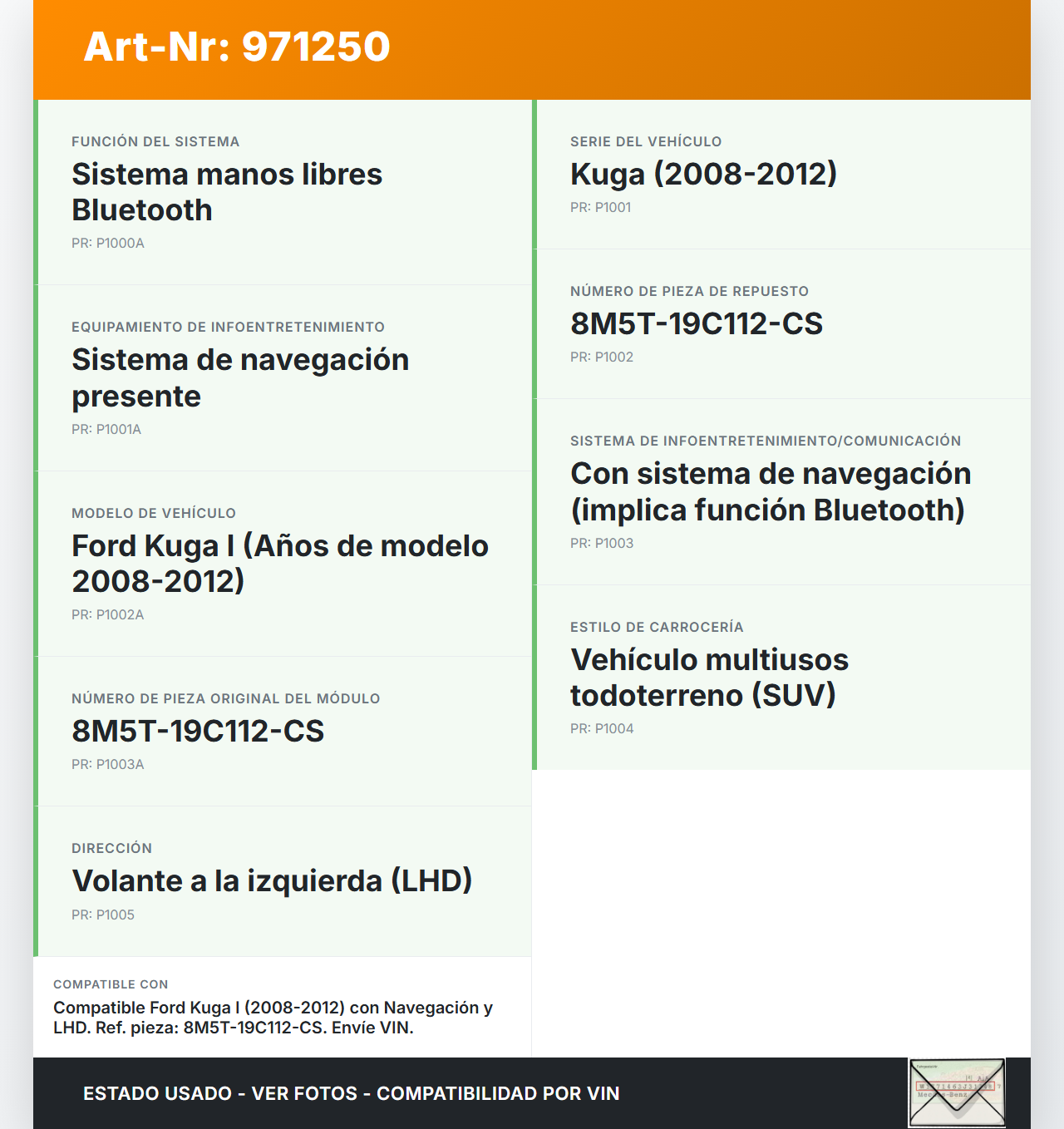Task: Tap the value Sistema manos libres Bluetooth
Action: [226, 192]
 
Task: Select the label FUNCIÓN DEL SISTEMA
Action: [155, 142]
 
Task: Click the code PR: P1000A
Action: [108, 244]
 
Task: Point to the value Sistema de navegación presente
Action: [240, 378]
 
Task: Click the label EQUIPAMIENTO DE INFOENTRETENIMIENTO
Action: [228, 328]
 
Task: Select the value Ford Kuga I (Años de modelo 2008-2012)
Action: [279, 564]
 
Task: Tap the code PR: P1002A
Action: [108, 615]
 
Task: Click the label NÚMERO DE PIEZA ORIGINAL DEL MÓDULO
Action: [225, 699]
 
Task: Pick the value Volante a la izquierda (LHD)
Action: [272, 881]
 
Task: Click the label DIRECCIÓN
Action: [111, 849]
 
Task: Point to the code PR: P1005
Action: [103, 915]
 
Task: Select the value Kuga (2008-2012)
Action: [703, 175]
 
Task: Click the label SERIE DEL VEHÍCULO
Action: [646, 142]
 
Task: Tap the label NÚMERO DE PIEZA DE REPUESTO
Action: [689, 292]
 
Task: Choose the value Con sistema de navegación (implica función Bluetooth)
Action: [770, 491]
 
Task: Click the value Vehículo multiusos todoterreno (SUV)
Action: [709, 678]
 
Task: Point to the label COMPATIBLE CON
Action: [111, 984]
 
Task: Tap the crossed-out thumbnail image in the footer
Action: [957, 1092]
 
